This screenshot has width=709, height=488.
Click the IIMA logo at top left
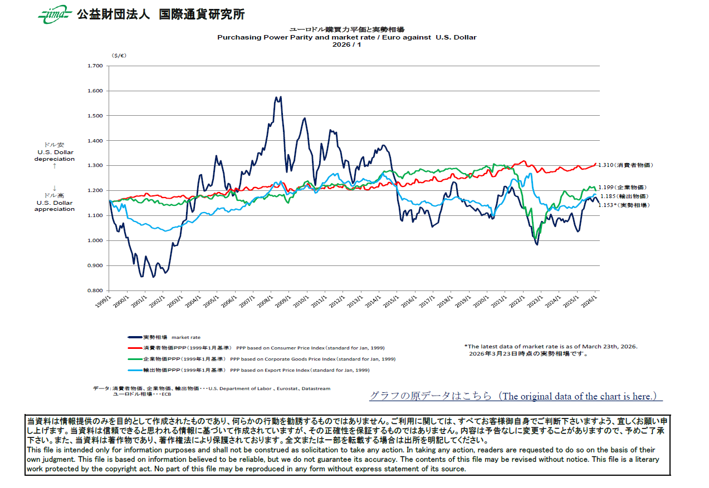tap(55, 15)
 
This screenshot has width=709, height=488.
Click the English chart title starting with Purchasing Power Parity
tap(346, 37)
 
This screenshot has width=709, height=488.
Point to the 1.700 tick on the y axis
tap(95, 66)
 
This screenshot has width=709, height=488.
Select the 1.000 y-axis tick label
tap(95, 240)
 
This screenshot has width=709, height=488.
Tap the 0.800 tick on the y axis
tap(95, 290)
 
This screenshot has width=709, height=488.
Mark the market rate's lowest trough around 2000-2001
tap(141, 276)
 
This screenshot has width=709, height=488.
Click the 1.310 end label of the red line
tap(624, 165)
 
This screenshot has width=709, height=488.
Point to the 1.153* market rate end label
tap(622, 205)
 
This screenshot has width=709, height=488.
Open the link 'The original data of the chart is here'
tap(516, 396)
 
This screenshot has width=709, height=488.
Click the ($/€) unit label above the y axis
tap(119, 56)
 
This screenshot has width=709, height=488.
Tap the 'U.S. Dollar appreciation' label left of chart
tap(55, 206)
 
